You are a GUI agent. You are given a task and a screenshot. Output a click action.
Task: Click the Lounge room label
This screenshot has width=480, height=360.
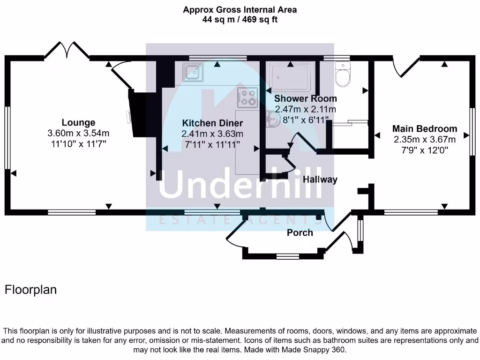(x=78, y=123)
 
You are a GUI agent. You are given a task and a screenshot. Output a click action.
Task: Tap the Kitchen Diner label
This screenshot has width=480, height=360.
(x=212, y=123)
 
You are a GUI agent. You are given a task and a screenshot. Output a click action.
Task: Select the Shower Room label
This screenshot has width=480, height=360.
(x=305, y=98)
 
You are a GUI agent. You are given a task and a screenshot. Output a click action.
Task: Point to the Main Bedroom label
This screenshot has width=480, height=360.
(x=424, y=128)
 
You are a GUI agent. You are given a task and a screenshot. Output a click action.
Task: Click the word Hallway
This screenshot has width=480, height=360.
(x=320, y=179)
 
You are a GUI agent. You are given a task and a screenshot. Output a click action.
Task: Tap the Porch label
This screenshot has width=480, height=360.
(x=300, y=232)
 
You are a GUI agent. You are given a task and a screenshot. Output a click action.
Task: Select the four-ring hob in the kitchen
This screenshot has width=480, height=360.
(x=247, y=97)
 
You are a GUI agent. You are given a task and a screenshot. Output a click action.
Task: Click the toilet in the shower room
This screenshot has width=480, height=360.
(x=343, y=75)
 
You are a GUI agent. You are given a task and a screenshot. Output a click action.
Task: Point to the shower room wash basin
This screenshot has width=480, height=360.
(x=272, y=119)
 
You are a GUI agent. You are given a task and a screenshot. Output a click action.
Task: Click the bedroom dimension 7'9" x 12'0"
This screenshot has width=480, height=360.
(x=424, y=150)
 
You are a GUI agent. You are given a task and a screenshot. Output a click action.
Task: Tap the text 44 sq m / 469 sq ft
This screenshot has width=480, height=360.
(x=240, y=20)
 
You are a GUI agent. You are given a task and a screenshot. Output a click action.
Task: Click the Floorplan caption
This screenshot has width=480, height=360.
(x=30, y=290)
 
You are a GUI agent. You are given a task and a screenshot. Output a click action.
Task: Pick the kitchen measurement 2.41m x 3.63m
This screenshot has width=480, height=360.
(x=212, y=134)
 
